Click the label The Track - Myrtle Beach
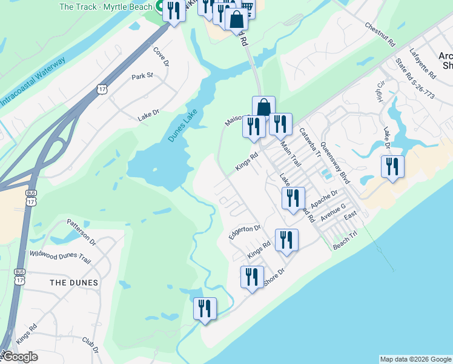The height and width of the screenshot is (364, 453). [105, 7]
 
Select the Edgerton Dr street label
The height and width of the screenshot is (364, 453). [244, 232]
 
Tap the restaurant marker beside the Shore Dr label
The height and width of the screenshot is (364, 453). [252, 277]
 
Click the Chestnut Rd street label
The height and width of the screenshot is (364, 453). [380, 36]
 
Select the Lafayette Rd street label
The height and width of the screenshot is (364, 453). [423, 64]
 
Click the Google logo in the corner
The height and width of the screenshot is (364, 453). [19, 357]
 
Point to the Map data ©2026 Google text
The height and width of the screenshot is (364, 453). [415, 359]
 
